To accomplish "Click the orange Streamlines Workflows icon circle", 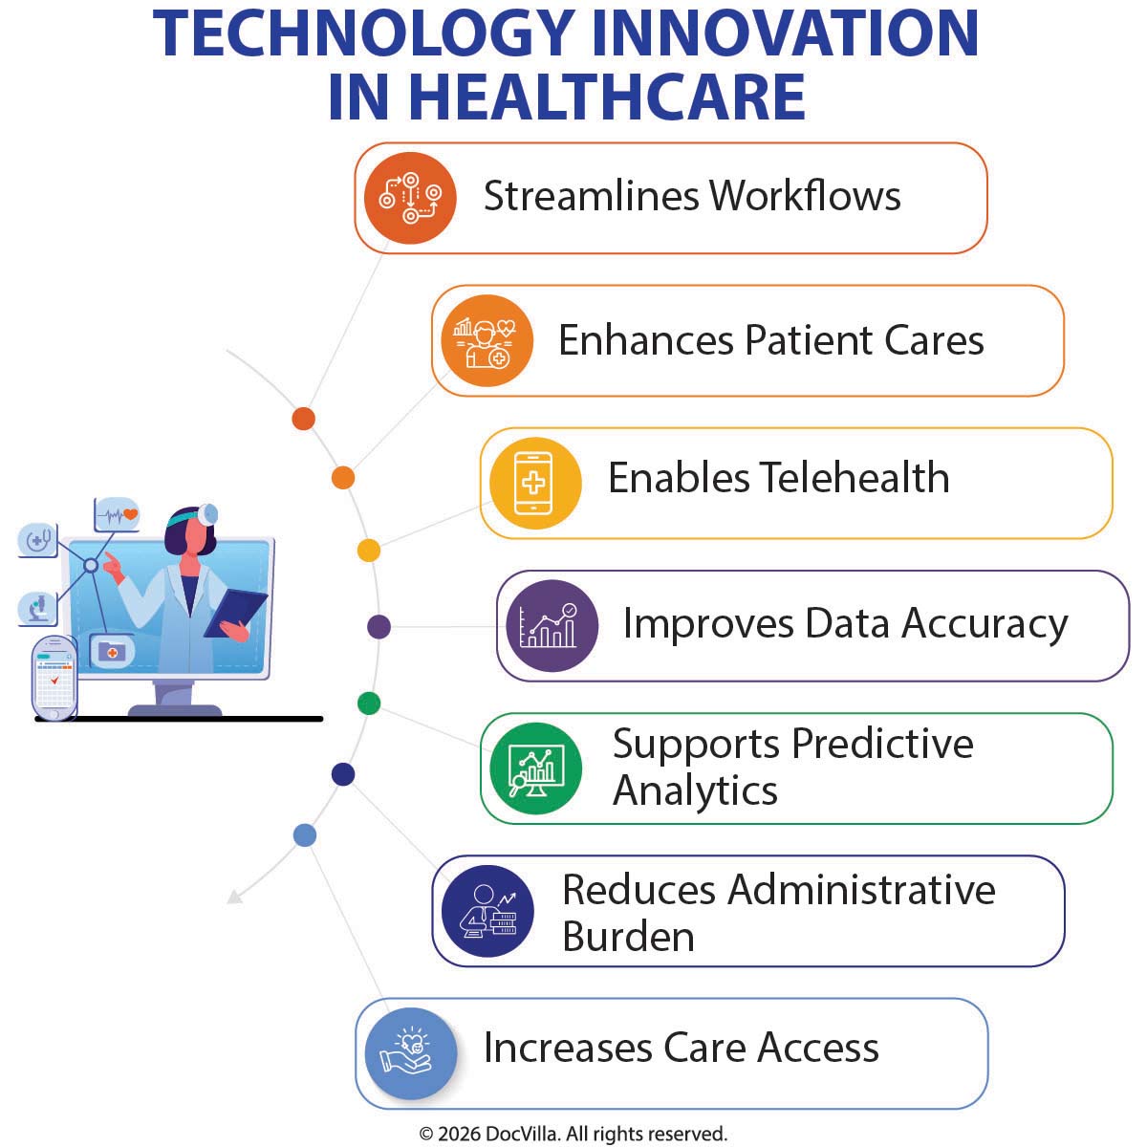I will [x=410, y=198].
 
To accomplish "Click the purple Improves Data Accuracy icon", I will [x=552, y=626].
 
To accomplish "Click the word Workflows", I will [x=805, y=196].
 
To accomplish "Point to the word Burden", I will [x=628, y=936].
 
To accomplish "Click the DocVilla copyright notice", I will [x=573, y=1134].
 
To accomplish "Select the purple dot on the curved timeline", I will [x=379, y=627].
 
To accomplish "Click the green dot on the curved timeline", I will [x=369, y=704].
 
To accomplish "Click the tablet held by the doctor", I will [x=235, y=612].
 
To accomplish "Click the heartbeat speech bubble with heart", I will [x=117, y=514].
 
